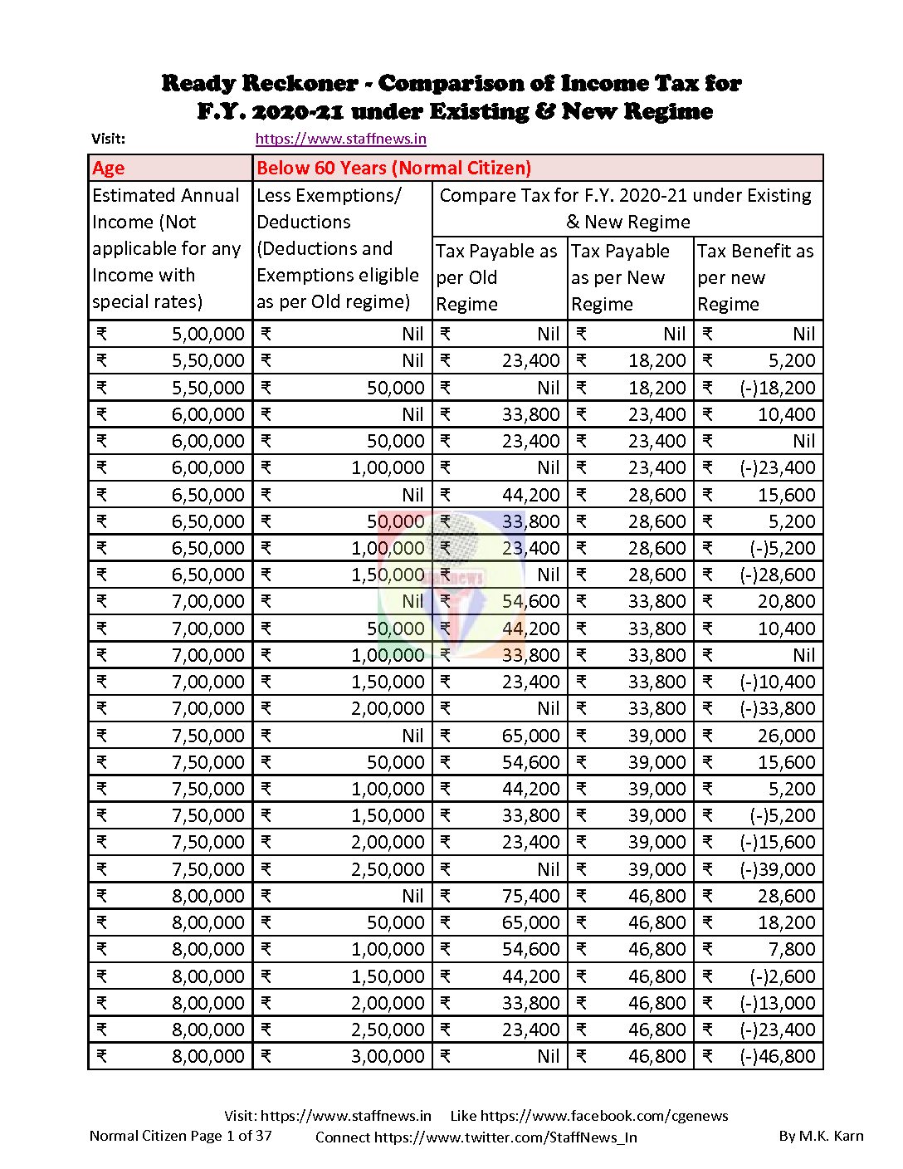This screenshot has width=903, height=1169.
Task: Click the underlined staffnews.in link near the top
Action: pyautogui.click(x=340, y=139)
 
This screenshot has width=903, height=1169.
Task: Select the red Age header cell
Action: pyautogui.click(x=109, y=169)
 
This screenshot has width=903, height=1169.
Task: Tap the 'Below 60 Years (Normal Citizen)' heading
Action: pyautogui.click(x=393, y=169)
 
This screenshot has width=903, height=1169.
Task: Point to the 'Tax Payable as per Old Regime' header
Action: pyautogui.click(x=498, y=277)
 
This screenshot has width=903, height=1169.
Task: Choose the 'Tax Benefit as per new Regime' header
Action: pyautogui.click(x=756, y=277)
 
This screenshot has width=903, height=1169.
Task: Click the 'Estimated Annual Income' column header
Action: pyautogui.click(x=167, y=248)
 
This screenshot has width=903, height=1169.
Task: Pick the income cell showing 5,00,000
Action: pyautogui.click(x=208, y=335)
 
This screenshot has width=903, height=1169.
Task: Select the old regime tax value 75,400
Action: pyautogui.click(x=531, y=896)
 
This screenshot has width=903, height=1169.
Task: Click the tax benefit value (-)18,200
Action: pyautogui.click(x=778, y=388)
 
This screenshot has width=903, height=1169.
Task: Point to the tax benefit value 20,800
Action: pyautogui.click(x=787, y=601)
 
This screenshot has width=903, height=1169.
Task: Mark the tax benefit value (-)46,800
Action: pyautogui.click(x=778, y=1056)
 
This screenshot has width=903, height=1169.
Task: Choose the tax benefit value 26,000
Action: pyautogui.click(x=787, y=736)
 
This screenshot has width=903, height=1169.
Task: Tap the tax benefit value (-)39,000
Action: pyautogui.click(x=778, y=869)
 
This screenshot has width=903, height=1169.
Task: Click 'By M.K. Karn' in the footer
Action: pyautogui.click(x=821, y=1136)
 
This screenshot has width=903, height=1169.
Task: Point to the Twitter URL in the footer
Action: pyautogui.click(x=505, y=1137)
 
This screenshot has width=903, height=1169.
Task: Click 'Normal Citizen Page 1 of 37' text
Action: pyautogui.click(x=180, y=1136)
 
